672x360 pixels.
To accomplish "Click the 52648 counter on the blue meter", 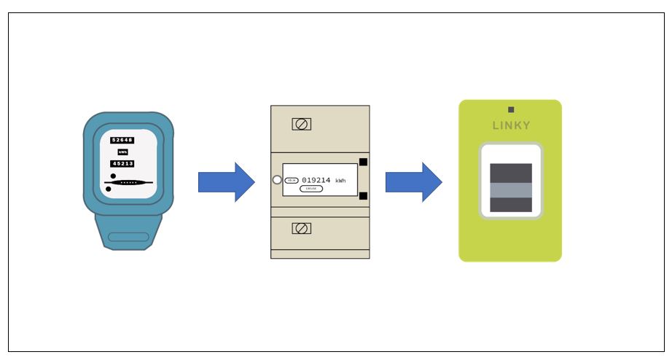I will point(122,140).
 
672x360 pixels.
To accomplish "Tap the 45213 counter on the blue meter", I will point(122,164).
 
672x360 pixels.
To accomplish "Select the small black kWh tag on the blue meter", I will point(122,152).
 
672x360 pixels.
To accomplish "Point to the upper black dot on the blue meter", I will point(113,176).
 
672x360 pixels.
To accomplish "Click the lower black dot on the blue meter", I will point(109,189).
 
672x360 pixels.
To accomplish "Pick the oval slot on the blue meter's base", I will point(128,237).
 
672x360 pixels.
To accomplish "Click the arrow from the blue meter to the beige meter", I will point(226,182).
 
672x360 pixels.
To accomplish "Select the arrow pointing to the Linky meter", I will point(413,182).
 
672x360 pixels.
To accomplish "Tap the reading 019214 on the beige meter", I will point(316,180).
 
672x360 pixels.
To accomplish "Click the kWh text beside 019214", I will point(340,181).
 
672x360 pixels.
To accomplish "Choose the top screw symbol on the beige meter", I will point(301,124).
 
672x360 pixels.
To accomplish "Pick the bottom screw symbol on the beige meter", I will point(301,228).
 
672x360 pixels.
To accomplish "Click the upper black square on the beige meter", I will point(363,163).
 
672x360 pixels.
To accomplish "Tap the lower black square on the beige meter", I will point(363,195).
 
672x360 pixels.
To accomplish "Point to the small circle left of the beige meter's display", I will point(277,179).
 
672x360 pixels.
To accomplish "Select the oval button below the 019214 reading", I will point(311,189).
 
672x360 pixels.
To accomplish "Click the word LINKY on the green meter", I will point(511,125).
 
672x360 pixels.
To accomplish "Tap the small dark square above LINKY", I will point(511,109).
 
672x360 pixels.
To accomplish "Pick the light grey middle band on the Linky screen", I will point(511,189).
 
